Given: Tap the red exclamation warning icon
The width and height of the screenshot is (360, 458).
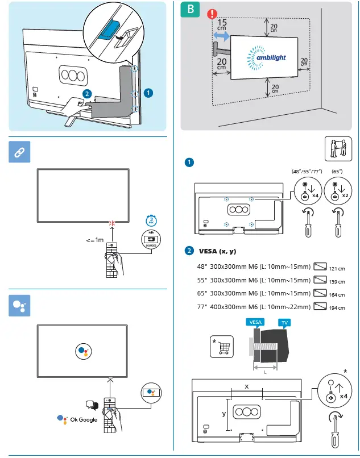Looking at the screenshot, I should (x=212, y=14).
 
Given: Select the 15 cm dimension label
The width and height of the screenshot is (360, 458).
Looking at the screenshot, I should (x=222, y=24).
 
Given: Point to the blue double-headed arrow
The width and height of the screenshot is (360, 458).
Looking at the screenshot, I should (x=222, y=36).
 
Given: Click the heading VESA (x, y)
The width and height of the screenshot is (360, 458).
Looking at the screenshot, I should (x=218, y=251).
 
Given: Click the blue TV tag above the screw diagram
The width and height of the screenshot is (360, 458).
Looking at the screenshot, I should (x=283, y=322).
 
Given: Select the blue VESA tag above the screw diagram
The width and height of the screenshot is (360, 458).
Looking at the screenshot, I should (x=256, y=322).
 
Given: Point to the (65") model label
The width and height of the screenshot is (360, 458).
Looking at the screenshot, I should (x=337, y=170).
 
